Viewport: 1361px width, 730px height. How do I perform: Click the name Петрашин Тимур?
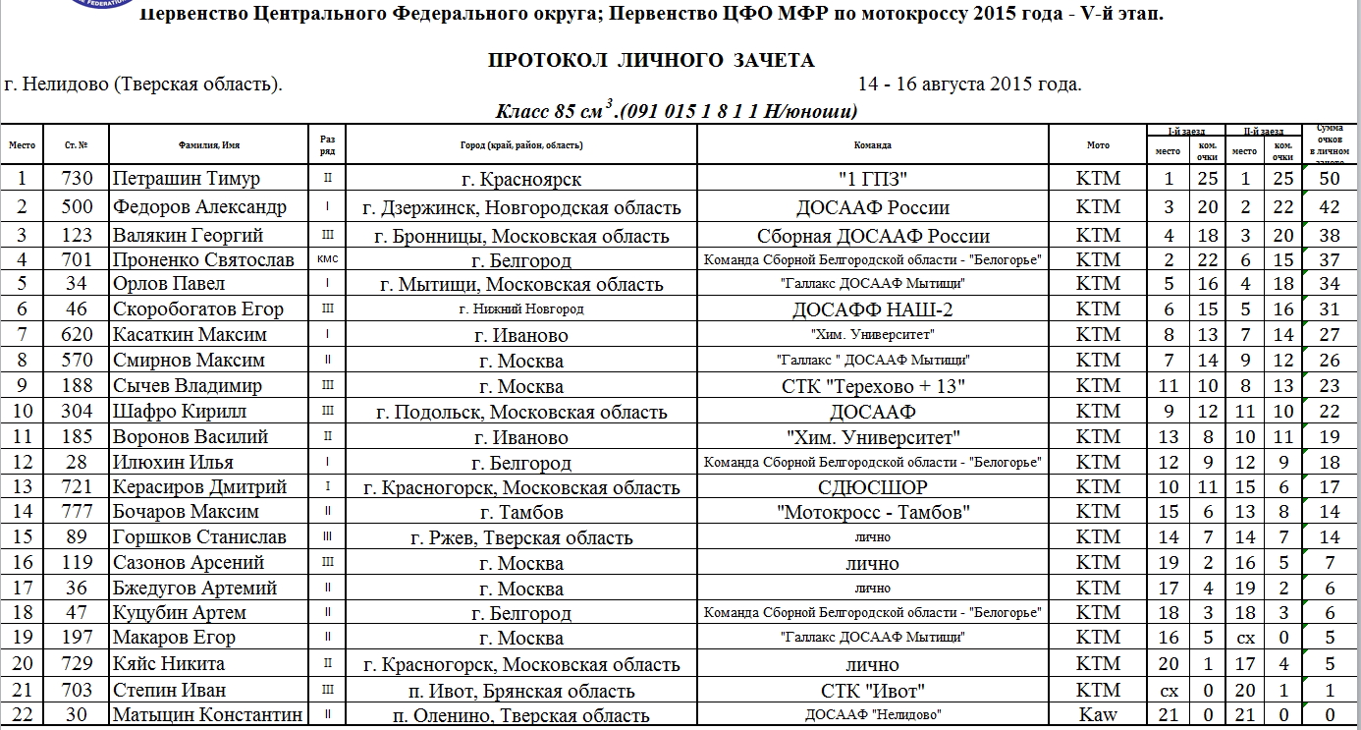pos(186,179)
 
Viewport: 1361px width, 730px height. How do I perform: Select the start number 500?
pos(77,207)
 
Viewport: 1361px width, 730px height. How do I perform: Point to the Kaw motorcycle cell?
pos(1097,715)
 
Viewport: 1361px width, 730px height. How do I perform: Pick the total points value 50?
pos(1330,179)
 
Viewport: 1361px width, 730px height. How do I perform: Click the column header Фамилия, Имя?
pos(209,145)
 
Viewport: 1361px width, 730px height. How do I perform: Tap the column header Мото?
pos(1098,145)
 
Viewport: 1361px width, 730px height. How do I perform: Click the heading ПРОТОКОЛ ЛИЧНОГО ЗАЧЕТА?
pos(651,61)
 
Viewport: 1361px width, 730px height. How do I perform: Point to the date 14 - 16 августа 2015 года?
pos(969,84)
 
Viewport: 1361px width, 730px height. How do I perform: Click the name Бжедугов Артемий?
pos(194,589)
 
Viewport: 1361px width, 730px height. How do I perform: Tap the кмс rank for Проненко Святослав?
pos(327,259)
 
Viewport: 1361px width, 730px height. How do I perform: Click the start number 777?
pos(77,512)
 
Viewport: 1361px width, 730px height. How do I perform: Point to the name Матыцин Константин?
pos(207,715)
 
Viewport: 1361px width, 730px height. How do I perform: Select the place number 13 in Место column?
pos(23,487)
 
